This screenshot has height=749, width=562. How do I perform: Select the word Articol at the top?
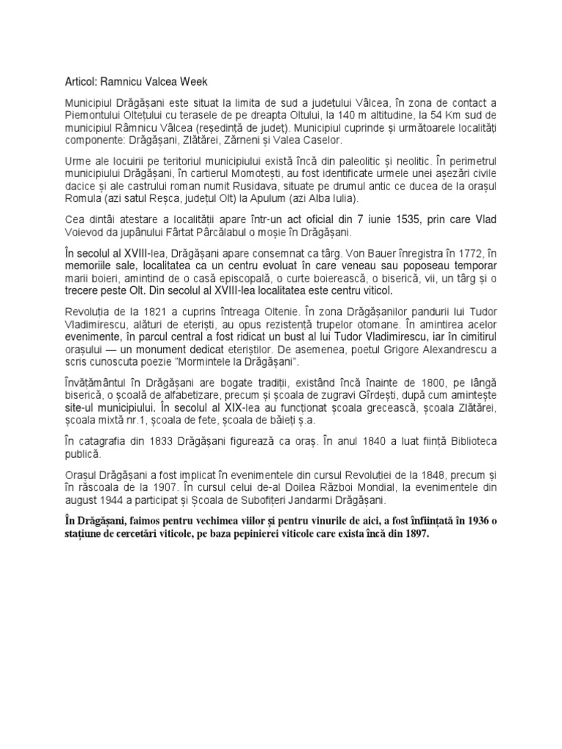pos(75,82)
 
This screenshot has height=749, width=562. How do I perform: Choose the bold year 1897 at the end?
pos(412,534)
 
